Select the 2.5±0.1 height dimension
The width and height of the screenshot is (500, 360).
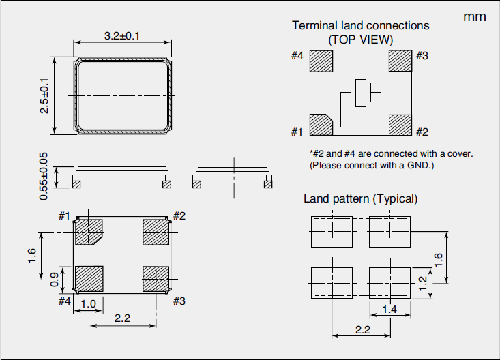[44, 95]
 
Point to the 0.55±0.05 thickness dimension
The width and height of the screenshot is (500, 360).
[44, 176]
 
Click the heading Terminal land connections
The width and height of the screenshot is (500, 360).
[361, 25]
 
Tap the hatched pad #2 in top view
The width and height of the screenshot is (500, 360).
[401, 125]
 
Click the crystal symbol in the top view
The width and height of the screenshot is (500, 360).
[361, 93]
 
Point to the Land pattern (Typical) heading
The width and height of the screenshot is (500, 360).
[361, 198]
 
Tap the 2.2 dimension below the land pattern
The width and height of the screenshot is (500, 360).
[362, 330]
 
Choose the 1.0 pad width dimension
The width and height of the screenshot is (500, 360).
[88, 304]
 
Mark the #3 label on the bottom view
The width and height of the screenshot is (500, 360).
[179, 300]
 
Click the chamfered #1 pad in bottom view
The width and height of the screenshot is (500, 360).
[88, 232]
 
